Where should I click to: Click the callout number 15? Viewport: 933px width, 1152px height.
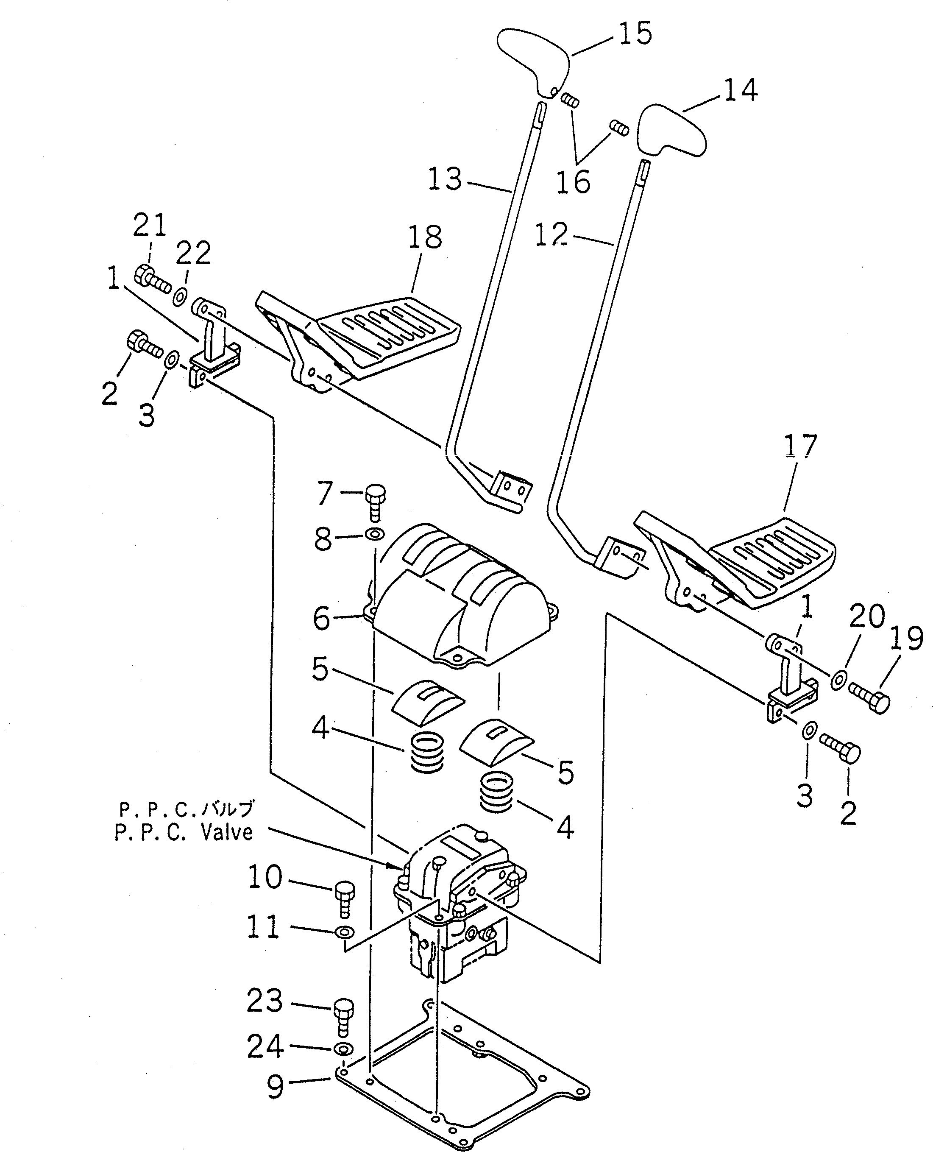tap(635, 33)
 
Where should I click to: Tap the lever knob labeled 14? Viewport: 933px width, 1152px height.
tap(671, 129)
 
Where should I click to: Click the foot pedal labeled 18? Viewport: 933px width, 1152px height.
tap(376, 333)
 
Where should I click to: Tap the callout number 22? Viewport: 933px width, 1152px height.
tap(193, 252)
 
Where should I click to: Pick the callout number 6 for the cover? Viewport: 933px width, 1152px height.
tap(321, 618)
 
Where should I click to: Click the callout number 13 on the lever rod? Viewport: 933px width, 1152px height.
tap(445, 179)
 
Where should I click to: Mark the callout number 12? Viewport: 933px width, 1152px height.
tap(551, 235)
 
